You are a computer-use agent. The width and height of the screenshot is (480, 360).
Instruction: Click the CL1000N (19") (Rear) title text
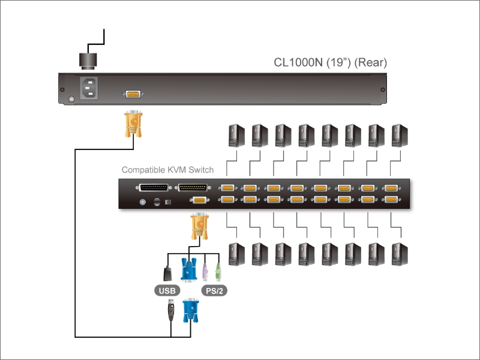pyautogui.click(x=331, y=62)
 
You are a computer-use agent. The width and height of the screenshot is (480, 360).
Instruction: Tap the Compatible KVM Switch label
pyautogui.click(x=167, y=170)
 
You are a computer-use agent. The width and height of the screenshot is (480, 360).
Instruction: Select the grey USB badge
pyautogui.click(x=167, y=290)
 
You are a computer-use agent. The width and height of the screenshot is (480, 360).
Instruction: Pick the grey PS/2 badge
pyautogui.click(x=214, y=290)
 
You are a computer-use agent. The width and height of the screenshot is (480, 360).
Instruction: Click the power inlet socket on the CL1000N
pyautogui.click(x=89, y=88)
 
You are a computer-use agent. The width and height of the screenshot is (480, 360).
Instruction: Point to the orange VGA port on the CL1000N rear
pyautogui.click(x=133, y=94)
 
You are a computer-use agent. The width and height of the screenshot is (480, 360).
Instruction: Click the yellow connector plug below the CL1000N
pyautogui.click(x=133, y=124)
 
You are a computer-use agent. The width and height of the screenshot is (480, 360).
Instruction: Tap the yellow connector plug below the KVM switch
pyautogui.click(x=200, y=226)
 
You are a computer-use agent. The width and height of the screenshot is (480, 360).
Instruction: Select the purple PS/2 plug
pyautogui.click(x=205, y=272)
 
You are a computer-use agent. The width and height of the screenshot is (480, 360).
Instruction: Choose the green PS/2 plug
pyautogui.click(x=218, y=272)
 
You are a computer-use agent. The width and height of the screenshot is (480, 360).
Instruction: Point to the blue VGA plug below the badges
pyautogui.click(x=191, y=310)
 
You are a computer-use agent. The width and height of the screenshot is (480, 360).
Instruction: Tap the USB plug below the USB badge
pyautogui.click(x=171, y=310)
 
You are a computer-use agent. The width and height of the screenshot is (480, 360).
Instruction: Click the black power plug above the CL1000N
pyautogui.click(x=88, y=59)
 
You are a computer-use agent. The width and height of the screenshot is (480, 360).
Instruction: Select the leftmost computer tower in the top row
pyautogui.click(x=236, y=136)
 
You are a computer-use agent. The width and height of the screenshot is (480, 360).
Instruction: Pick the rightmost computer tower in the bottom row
pyautogui.click(x=400, y=254)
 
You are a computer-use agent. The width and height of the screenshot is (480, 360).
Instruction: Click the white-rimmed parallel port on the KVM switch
pyautogui.click(x=154, y=188)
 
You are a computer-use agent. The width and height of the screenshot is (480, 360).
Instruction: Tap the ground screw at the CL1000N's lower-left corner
pyautogui.click(x=71, y=99)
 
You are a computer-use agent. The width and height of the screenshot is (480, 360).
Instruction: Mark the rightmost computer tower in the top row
pyautogui.click(x=400, y=136)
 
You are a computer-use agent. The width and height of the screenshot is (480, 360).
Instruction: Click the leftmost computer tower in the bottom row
pyautogui.click(x=236, y=254)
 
